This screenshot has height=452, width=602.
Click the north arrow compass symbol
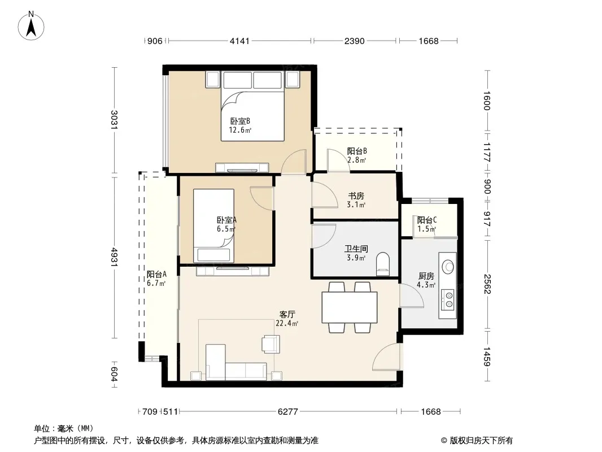coord(31,26)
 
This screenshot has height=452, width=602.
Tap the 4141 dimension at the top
coord(239,41)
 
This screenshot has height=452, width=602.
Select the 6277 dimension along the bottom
coord(287,412)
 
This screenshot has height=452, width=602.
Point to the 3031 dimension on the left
coord(114,120)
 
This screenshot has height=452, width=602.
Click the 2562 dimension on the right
coord(487,284)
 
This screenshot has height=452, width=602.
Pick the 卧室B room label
coord(240,121)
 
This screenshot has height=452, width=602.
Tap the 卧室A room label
coord(226,220)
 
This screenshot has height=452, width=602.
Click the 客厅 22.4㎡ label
coord(287,319)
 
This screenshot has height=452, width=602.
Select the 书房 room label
coord(356,196)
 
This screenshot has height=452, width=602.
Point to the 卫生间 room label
coord(356,249)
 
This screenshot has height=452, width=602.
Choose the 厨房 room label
coord(426,276)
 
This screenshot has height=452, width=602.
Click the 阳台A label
coord(156,274)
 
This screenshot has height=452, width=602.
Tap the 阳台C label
coord(427,220)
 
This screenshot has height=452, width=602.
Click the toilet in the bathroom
coord(383,264)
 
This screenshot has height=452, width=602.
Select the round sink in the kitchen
coord(448,266)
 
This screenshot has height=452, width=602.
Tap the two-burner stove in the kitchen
coord(448,299)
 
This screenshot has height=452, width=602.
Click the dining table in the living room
coord(350,307)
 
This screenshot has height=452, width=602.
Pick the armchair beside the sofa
coord(271,344)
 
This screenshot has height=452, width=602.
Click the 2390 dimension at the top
coord(354,41)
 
